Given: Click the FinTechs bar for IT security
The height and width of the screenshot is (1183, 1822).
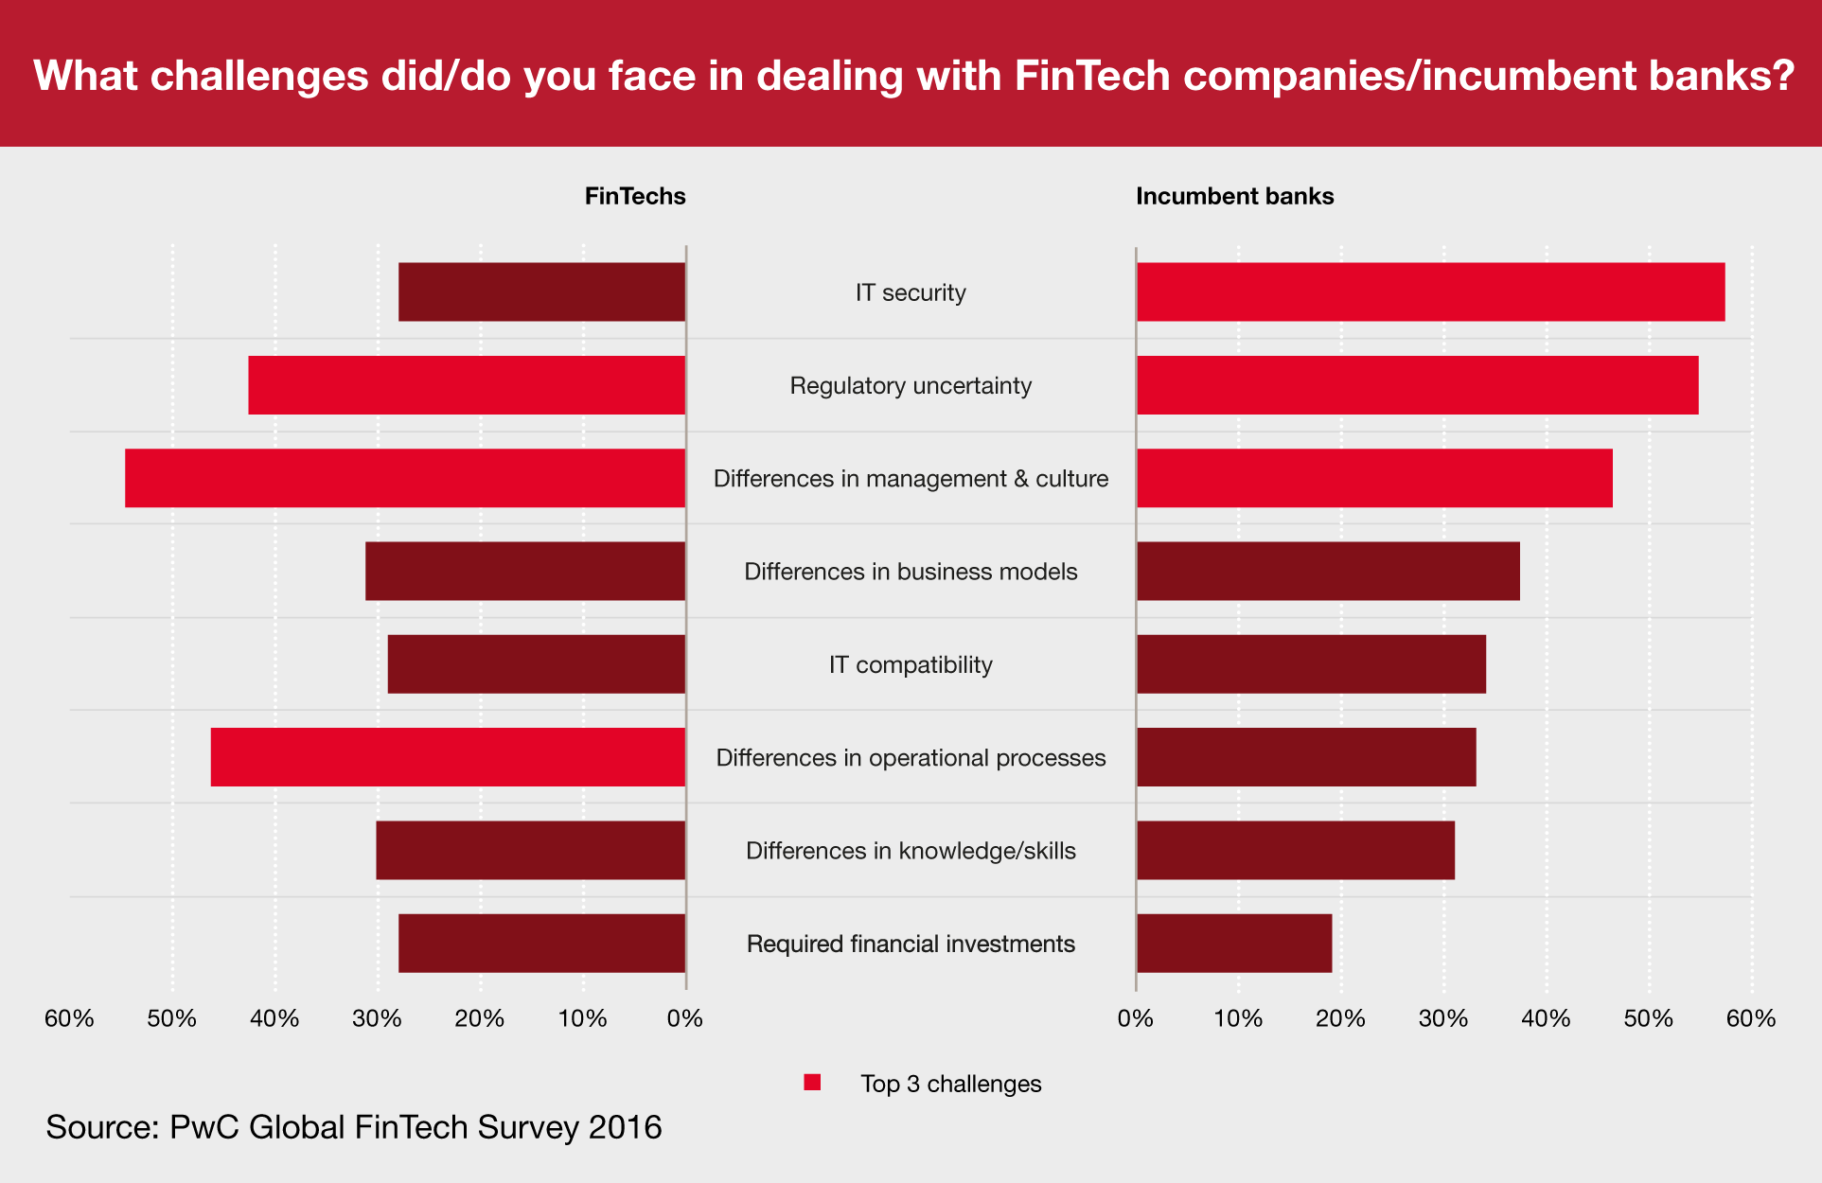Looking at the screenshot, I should (541, 291).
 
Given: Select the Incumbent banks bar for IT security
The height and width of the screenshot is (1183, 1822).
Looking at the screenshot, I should (1430, 291).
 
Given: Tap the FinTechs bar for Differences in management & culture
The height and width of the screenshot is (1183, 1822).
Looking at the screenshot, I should (405, 478).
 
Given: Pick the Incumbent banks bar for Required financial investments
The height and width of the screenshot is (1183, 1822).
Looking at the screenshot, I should (1234, 943).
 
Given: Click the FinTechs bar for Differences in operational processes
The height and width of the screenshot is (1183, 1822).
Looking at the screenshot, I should (448, 756).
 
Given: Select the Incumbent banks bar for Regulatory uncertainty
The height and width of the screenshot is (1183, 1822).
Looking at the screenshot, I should (1417, 384).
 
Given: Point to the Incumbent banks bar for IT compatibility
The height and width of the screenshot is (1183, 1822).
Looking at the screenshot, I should (1311, 663).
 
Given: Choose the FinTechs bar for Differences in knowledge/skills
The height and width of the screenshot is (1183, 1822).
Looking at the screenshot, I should (530, 850).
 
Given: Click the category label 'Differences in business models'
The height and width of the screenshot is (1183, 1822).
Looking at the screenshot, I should (911, 572).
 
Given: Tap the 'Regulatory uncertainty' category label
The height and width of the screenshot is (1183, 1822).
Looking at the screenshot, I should (911, 385).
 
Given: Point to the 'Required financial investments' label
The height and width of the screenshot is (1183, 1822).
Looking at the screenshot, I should (911, 944).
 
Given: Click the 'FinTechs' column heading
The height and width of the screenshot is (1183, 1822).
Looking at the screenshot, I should (635, 196).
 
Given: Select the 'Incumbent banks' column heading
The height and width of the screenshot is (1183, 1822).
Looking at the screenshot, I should (1234, 196).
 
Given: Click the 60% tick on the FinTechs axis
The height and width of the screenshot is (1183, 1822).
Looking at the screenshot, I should (69, 1018).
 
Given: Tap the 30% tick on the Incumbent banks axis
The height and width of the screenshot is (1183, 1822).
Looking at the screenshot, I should (1443, 1018).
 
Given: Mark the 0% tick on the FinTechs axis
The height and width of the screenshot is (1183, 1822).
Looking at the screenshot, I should (685, 1018).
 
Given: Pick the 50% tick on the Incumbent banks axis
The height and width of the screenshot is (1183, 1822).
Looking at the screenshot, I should (1649, 1018).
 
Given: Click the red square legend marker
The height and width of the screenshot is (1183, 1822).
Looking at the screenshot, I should (812, 1083).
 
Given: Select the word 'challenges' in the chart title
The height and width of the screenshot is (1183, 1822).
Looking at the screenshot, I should (259, 76).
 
